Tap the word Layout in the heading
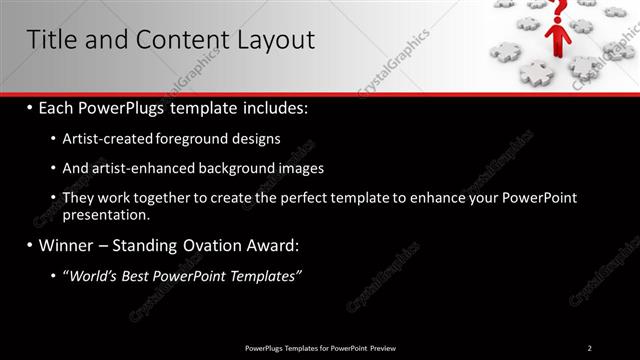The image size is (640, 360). [272, 39]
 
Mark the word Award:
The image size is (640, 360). [270, 244]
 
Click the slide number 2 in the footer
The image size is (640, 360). [589, 347]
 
